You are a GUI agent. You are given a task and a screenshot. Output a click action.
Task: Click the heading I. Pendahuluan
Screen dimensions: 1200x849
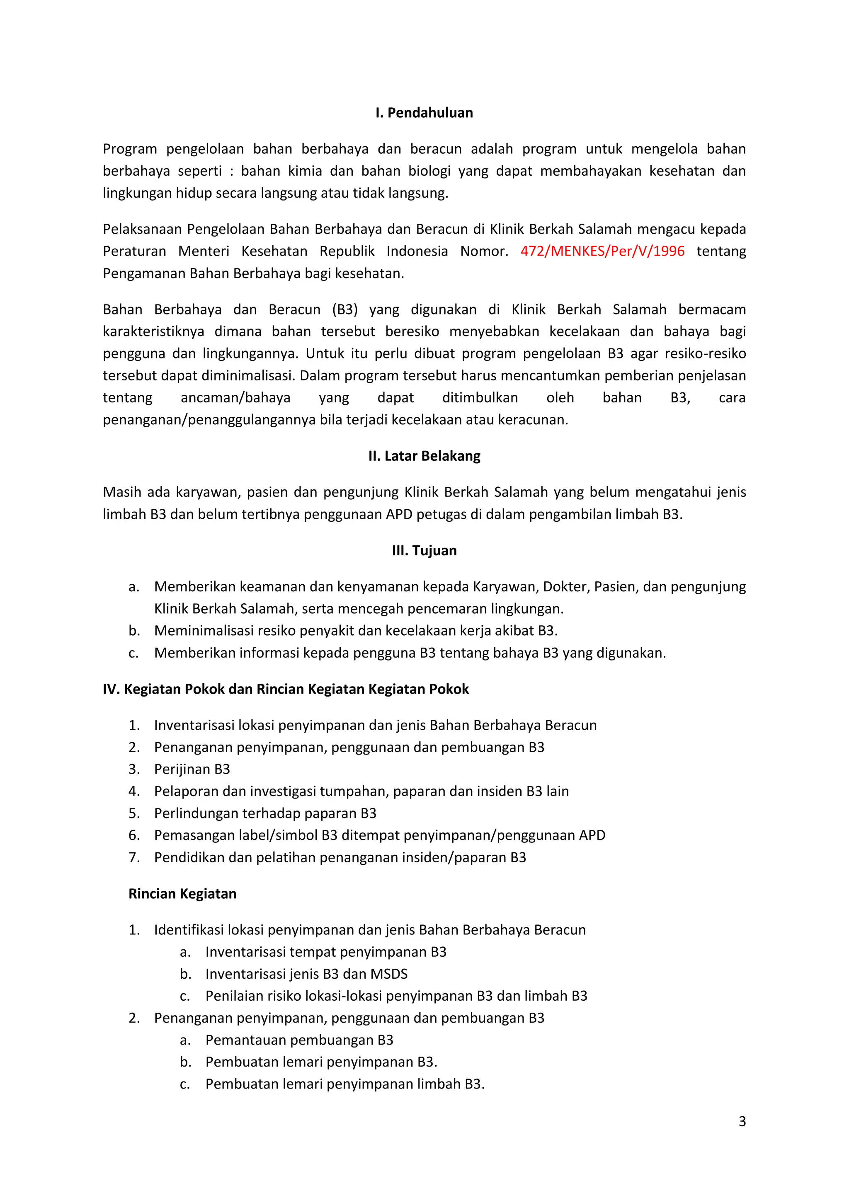424,113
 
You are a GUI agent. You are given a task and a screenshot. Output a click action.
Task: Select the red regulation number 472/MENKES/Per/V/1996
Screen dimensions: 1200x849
602,252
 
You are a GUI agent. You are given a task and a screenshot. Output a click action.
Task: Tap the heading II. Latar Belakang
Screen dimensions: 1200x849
424,456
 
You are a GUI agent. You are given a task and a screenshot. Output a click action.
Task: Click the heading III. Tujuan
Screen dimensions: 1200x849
424,551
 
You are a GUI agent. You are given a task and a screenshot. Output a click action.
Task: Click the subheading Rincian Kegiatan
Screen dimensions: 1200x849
182,894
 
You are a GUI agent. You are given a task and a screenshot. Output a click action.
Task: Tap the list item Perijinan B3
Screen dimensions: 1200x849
192,769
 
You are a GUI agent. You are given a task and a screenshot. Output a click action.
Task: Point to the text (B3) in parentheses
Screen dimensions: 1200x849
344,310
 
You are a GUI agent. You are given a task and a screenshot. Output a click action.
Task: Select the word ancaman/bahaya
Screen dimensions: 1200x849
235,398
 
